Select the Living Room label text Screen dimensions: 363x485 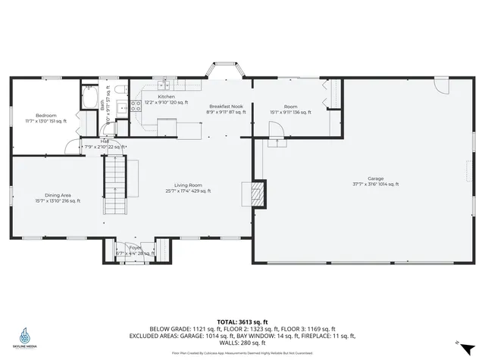point(188,185)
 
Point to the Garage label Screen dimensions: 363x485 point(375,178)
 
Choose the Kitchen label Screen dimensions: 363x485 point(166,97)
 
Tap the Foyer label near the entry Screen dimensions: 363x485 point(135,247)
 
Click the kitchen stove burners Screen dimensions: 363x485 point(136,106)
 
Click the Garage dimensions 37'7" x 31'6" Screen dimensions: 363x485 point(375,184)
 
